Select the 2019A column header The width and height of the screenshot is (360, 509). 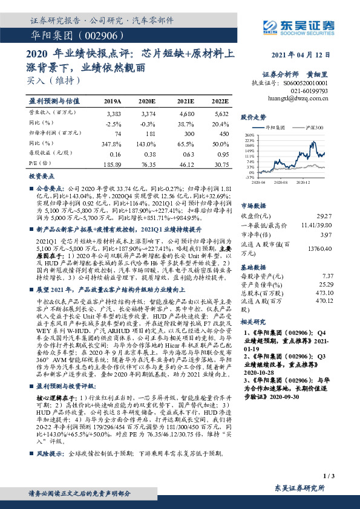pos(113,102)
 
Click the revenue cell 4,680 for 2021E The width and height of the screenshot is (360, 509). pos(186,113)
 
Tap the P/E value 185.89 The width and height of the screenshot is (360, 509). pos(113,164)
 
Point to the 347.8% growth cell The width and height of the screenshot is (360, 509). pos(113,143)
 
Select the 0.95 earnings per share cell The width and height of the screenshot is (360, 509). pos(220,154)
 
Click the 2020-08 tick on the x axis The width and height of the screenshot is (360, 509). pos(280,181)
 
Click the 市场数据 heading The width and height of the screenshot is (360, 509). pos(254,205)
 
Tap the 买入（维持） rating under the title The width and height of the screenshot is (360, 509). pos(53,80)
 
